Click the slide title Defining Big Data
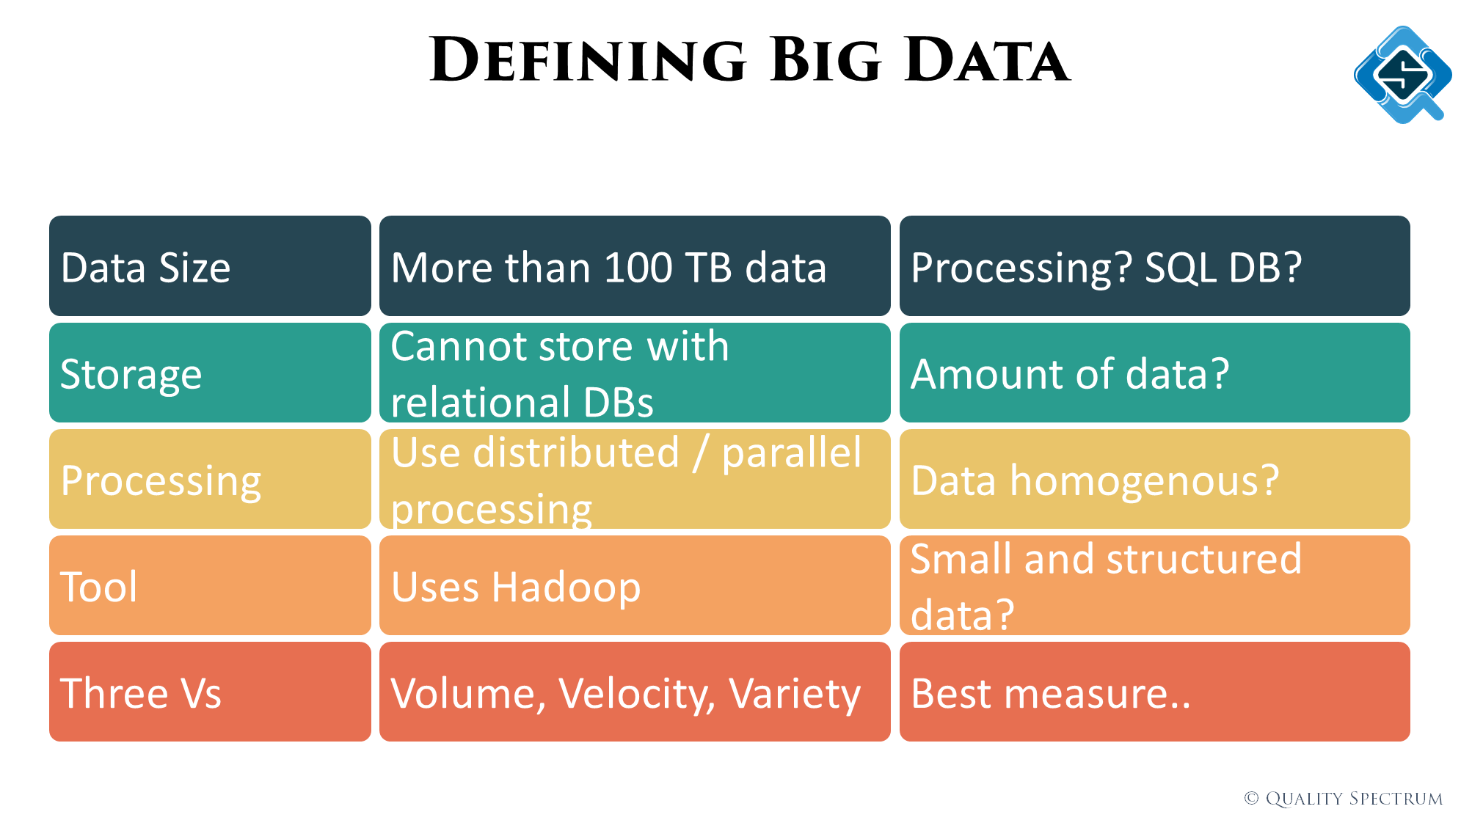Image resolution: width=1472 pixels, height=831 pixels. (x=749, y=59)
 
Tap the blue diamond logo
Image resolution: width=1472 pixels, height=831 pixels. (x=1402, y=74)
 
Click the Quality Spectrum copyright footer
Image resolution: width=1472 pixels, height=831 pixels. (x=1343, y=798)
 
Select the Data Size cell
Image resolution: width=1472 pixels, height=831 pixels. (x=210, y=266)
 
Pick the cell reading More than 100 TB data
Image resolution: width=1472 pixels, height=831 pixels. (x=635, y=266)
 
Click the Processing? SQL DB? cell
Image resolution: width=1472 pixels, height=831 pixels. (x=1154, y=266)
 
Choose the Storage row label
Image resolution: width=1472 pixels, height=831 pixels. (x=210, y=373)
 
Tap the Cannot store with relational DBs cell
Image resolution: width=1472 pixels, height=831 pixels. (x=635, y=373)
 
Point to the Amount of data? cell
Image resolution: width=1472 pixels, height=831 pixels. (x=1154, y=373)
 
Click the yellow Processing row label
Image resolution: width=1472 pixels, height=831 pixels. (x=210, y=479)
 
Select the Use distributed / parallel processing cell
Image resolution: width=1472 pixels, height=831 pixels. (x=635, y=479)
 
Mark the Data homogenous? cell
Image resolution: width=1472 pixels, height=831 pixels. (x=1154, y=479)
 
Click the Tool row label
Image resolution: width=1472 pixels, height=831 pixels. (x=210, y=585)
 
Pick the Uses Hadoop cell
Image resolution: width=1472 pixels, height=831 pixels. (x=635, y=585)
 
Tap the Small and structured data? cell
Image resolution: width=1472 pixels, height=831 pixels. (x=1154, y=585)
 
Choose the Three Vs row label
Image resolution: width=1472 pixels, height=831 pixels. (x=210, y=692)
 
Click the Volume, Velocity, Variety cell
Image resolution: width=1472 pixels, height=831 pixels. (x=635, y=692)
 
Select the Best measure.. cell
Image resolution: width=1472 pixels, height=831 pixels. (x=1154, y=692)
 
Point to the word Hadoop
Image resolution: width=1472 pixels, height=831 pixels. (x=566, y=588)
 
